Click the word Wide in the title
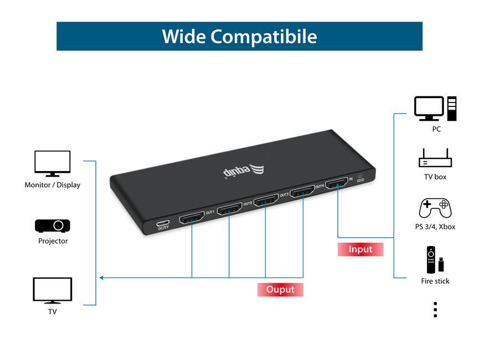coord(184,37)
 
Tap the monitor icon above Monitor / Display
coord(53,163)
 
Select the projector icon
coord(53,226)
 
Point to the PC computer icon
coord(436,109)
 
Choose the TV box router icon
coord(435,158)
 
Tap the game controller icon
coord(435,208)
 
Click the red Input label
coord(360,249)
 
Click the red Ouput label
coord(280,290)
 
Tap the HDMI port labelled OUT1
coord(192,218)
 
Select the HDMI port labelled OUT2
coord(229,209)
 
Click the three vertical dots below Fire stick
coord(435,310)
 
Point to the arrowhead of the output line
coord(100,277)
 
